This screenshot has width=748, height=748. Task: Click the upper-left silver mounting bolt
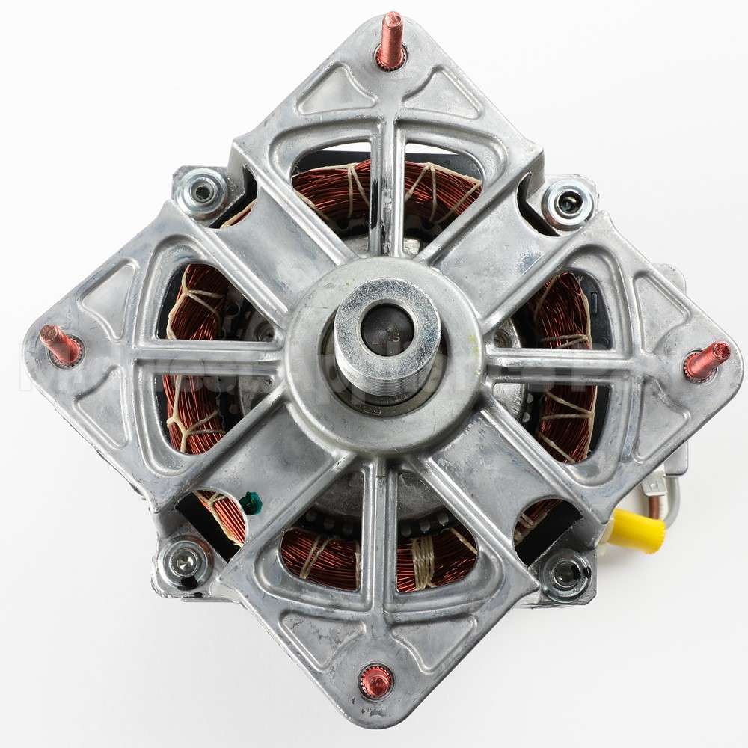click(202, 192)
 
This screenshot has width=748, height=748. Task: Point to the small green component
click(251, 503)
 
